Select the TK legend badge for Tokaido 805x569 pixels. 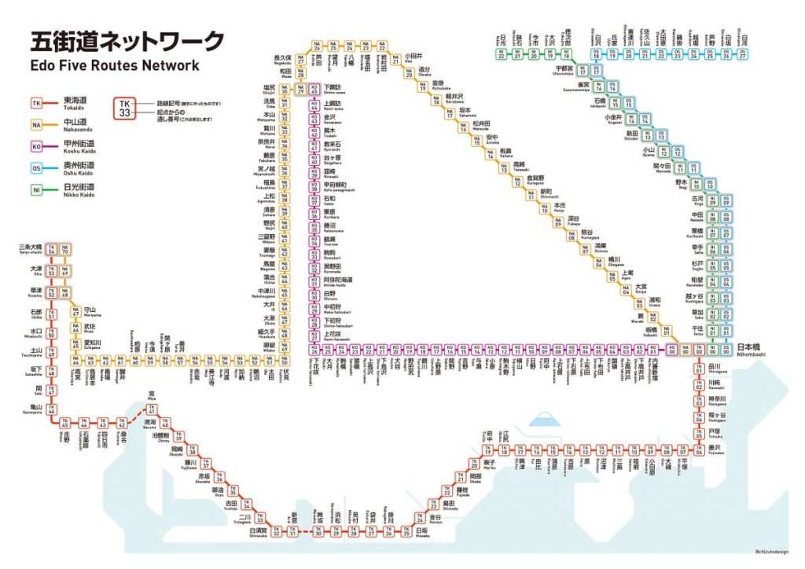pos(36,103)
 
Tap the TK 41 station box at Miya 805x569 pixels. pos(152,411)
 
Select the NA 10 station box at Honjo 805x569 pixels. pos(543,209)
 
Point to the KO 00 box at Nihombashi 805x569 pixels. pos(671,351)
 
